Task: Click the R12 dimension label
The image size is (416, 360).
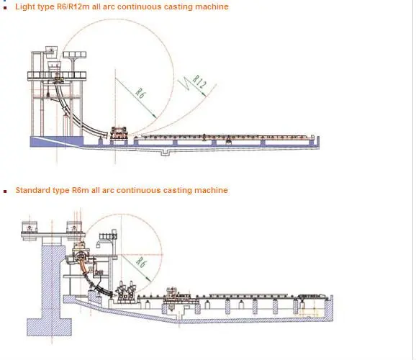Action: click(x=199, y=82)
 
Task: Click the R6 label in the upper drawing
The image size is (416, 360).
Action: click(x=140, y=93)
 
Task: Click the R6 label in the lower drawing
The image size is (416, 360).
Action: click(x=141, y=262)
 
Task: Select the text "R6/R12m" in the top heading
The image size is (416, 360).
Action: click(x=73, y=6)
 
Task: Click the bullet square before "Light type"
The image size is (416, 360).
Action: click(x=5, y=7)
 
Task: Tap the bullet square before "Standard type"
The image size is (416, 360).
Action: click(x=5, y=191)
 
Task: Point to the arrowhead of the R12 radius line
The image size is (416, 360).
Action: click(x=204, y=94)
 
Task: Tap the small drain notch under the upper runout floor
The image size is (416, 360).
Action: click(x=165, y=153)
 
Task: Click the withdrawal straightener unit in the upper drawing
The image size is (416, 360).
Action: click(x=119, y=132)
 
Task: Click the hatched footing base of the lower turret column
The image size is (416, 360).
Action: click(x=49, y=327)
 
